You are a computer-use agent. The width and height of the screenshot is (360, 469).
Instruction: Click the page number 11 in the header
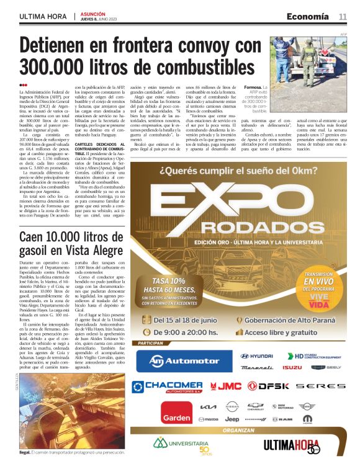pyautogui.click(x=343, y=16)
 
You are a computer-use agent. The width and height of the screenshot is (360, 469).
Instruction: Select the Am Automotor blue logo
pyautogui.click(x=179, y=360)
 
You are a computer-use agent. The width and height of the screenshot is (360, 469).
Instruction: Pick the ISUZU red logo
pyautogui.click(x=292, y=368)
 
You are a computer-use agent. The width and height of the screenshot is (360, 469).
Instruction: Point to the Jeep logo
pyautogui.click(x=232, y=420)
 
